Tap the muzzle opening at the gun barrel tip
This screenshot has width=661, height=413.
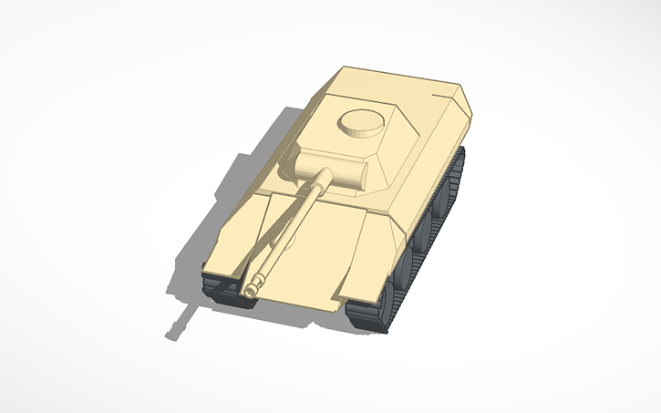pos(250,290)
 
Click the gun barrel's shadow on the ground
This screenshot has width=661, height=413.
pos(180,323)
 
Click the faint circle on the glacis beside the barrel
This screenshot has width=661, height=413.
pos(290,239)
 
